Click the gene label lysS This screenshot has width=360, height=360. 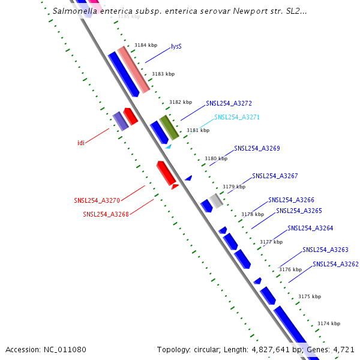click(176, 46)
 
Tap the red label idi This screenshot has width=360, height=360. click(81, 143)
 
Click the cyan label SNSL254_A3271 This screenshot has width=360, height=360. click(237, 118)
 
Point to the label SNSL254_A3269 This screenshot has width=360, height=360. click(257, 148)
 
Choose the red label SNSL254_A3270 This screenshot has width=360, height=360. click(97, 200)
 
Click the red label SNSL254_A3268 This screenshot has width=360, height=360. click(106, 214)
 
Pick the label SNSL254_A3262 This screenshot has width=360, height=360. click(335, 264)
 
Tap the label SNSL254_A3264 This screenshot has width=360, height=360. click(310, 228)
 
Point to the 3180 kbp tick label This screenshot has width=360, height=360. click(216, 159)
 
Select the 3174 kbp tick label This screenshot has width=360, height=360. click(329, 323)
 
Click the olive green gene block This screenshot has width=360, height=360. click(169, 127)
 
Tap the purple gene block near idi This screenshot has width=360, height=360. click(121, 121)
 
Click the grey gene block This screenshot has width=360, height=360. click(216, 201)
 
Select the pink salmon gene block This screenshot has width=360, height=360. click(133, 69)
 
